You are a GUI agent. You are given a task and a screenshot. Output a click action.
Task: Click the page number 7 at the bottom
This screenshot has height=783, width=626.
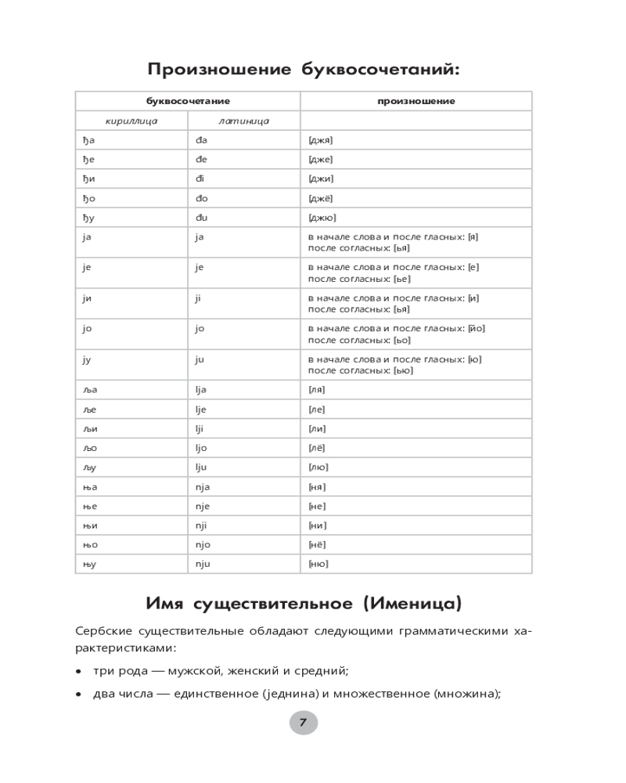(304, 722)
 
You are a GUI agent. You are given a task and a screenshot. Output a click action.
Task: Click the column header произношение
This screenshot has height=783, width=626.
(416, 101)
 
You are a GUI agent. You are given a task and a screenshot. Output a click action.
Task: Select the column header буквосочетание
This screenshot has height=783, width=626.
(187, 101)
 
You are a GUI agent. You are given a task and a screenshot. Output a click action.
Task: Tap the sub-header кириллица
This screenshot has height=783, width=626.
(131, 121)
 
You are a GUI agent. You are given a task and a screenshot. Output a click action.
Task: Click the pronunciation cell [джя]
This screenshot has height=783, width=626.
(321, 140)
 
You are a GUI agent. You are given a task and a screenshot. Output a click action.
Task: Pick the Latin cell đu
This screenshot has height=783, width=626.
(201, 218)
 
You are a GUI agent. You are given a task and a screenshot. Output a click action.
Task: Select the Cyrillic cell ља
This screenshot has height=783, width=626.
(89, 389)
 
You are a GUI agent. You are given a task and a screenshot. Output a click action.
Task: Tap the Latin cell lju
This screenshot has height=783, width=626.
(205, 467)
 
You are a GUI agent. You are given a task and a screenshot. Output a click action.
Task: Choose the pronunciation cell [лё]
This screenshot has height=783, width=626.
(316, 448)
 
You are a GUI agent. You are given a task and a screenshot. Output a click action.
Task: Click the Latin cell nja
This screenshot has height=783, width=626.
(205, 487)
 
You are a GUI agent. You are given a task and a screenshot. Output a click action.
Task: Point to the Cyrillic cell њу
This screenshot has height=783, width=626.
(89, 565)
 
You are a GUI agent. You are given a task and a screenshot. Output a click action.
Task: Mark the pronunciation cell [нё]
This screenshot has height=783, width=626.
(317, 545)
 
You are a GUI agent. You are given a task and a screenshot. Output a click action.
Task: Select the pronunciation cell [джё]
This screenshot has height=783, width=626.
(321, 198)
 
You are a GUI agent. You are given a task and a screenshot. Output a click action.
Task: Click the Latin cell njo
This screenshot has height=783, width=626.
(205, 545)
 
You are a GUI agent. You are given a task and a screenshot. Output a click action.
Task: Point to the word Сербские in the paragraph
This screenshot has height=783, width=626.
(103, 631)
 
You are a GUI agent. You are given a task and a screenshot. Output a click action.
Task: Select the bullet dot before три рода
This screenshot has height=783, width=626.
(78, 671)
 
